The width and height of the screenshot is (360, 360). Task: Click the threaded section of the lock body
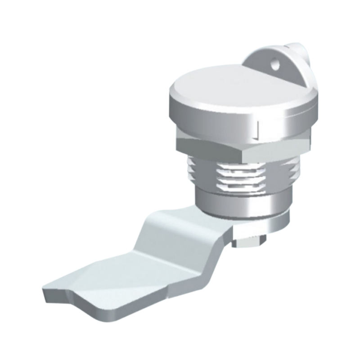coord(238,178)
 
